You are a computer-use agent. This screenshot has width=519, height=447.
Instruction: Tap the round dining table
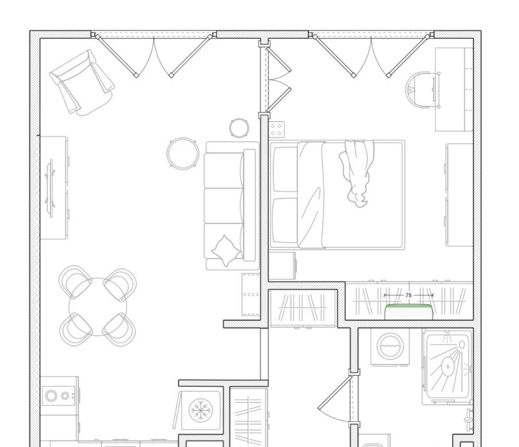pyautogui.click(x=97, y=307)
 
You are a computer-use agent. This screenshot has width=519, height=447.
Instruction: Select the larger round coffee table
pyautogui.click(x=183, y=154)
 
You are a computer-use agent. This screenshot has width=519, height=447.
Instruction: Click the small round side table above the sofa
pyautogui.click(x=239, y=128)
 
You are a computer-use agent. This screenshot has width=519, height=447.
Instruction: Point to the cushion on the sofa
pyautogui.click(x=227, y=251)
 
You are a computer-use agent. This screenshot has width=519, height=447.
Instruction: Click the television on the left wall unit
pyautogui.click(x=51, y=189)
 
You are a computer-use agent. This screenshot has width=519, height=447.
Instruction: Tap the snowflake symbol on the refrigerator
pyautogui.click(x=201, y=410)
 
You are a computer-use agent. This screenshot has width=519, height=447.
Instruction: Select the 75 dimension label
pyautogui.click(x=408, y=295)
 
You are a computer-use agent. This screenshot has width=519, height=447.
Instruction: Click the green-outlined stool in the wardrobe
pyautogui.click(x=408, y=312)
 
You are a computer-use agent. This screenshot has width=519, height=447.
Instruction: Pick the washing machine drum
pyautogui.click(x=390, y=346)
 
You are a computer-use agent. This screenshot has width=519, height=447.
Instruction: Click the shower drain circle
pyautogui.click(x=448, y=367)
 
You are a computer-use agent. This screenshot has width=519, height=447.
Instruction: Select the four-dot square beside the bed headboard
pyautogui.click(x=276, y=130)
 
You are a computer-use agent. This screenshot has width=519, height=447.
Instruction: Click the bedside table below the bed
pyautogui.click(x=282, y=266)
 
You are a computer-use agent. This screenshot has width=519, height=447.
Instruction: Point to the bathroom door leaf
pyautogui.click(x=335, y=392)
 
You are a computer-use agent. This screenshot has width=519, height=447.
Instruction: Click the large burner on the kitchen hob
pyautogui.click(x=51, y=396)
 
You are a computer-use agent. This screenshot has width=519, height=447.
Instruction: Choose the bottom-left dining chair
pyautogui.click(x=76, y=329)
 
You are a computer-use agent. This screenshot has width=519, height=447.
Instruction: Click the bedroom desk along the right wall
pyautogui.click(x=454, y=89)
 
